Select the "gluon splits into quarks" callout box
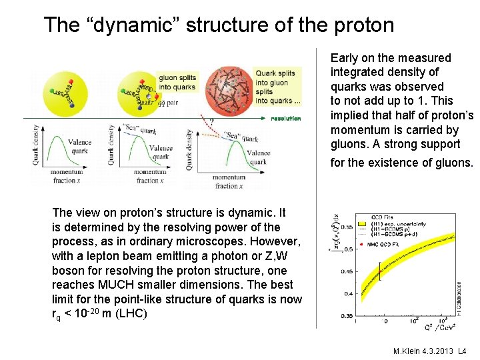177,83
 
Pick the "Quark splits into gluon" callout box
277,87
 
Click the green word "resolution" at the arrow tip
285,119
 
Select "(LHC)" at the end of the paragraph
133,313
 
